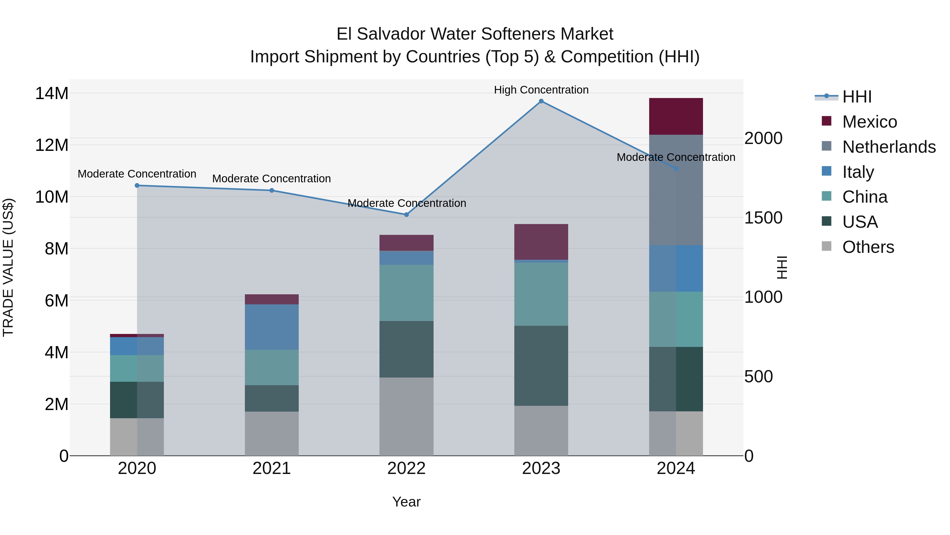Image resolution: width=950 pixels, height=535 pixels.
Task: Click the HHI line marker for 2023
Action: (x=541, y=101)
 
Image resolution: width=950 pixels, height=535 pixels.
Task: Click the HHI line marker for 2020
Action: (x=137, y=185)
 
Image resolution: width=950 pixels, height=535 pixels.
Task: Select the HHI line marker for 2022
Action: (x=406, y=215)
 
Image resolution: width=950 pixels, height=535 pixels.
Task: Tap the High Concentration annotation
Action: (x=541, y=90)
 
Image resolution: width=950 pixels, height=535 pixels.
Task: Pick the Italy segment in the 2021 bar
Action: (x=272, y=327)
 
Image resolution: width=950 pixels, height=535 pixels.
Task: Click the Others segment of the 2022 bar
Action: (x=406, y=416)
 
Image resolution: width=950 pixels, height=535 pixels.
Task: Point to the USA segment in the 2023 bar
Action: (x=541, y=366)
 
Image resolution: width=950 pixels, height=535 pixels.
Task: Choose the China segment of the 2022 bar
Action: (x=406, y=292)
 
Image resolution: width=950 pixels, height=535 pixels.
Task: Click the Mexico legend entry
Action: (x=869, y=122)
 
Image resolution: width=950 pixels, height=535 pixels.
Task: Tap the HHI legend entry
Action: (x=857, y=97)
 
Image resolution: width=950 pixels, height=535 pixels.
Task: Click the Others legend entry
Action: (x=868, y=247)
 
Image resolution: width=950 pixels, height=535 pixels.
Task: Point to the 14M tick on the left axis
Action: (x=52, y=93)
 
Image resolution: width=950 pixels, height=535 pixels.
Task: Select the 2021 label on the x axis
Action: (x=272, y=468)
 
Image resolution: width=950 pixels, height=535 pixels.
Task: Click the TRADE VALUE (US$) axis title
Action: (x=8, y=267)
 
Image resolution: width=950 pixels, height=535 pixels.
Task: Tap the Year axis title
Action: (x=406, y=502)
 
